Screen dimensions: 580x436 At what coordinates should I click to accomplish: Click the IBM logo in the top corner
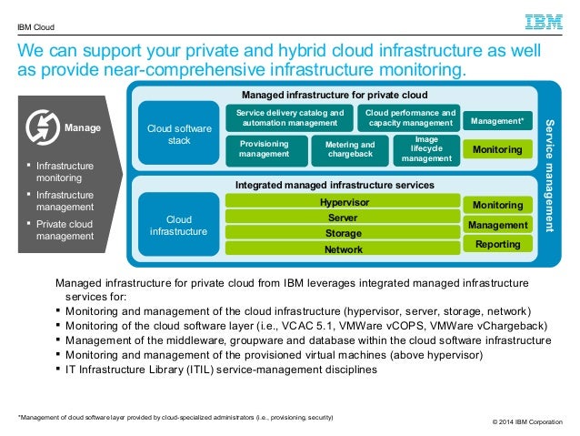pos(544,22)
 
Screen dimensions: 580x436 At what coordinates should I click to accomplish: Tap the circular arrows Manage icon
pos(43,127)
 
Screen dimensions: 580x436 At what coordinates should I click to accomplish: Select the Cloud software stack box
pos(179,133)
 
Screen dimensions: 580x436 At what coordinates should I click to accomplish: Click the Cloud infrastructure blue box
pos(179,224)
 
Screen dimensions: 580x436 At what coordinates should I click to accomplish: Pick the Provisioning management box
pos(266,150)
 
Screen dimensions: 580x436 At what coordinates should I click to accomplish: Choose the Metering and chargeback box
pos(350,150)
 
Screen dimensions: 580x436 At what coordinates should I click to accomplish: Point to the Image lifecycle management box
pos(426,150)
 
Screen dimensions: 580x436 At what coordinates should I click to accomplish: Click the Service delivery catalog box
pos(290,117)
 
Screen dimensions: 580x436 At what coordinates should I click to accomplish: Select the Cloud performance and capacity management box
pos(409,117)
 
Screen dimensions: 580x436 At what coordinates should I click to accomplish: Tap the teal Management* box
pos(497,121)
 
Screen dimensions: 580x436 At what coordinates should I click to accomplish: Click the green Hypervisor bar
pos(343,201)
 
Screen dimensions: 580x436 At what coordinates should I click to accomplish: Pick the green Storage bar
pos(343,233)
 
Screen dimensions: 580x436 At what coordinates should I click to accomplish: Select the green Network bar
pos(343,248)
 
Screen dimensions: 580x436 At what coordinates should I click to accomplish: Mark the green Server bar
pos(343,217)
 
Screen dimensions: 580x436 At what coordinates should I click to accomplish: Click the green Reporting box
pos(498,244)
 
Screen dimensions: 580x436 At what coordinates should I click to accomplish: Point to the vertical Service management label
pos(550,176)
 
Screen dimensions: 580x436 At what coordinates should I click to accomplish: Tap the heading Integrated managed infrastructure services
pos(335,185)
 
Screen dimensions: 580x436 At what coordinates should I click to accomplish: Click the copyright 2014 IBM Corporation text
pos(527,422)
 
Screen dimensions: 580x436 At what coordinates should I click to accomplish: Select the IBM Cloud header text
pos(35,27)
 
